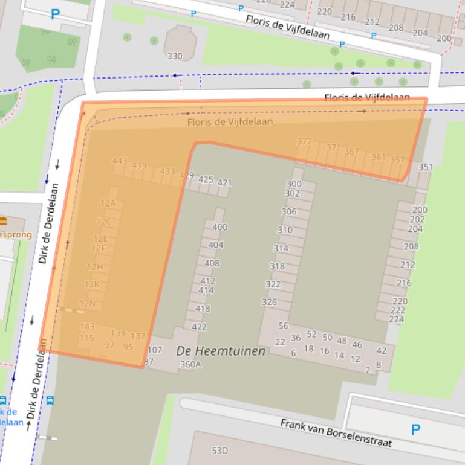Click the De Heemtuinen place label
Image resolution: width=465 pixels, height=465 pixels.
221,351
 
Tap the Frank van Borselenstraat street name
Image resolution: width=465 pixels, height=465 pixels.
336,432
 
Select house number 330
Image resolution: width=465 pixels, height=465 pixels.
174,56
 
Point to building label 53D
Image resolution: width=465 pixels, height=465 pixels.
219,451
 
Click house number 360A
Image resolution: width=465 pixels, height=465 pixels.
190,364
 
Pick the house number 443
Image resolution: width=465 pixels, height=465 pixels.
120,161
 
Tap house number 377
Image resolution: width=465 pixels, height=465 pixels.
304,142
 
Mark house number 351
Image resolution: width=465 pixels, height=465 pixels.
426,167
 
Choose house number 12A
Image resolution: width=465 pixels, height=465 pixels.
108,204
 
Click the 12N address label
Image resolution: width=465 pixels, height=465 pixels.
88,303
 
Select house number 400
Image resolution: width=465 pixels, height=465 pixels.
219,227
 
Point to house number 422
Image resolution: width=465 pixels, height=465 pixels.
199,327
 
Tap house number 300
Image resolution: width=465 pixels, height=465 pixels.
293,184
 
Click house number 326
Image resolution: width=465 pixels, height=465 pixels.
269,302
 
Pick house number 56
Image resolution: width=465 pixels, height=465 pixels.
283,325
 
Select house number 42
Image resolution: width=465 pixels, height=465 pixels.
381,351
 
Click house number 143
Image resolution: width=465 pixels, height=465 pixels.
87,327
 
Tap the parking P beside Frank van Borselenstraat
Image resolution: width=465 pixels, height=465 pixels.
415,430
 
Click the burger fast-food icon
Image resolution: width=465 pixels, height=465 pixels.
3,222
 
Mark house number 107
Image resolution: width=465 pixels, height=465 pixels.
155,350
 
